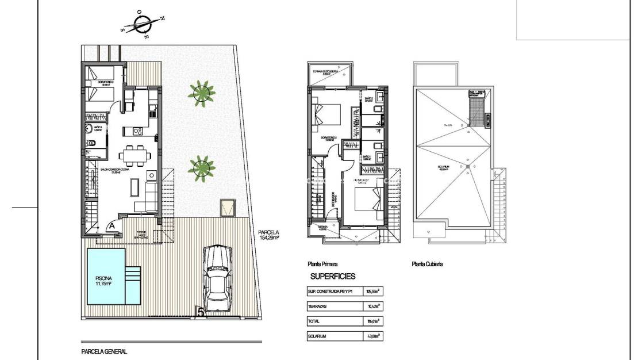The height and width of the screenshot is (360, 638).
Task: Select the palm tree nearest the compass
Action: pyautogui.click(x=201, y=92)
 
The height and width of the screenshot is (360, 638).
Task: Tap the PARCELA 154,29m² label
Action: pyautogui.click(x=268, y=235)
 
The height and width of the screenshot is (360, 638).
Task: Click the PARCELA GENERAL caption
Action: pyautogui.click(x=104, y=351)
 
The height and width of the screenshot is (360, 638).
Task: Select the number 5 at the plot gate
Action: pyautogui.click(x=201, y=312)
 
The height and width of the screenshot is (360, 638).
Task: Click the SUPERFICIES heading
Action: pyautogui.click(x=333, y=277)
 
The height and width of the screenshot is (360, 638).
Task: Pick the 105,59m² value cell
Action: pyautogui.click(x=372, y=292)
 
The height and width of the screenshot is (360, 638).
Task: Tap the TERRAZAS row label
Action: pyautogui.click(x=318, y=307)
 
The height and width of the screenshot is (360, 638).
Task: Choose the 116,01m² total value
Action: pyautogui.click(x=372, y=321)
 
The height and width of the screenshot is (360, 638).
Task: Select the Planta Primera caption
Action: pyautogui.click(x=322, y=265)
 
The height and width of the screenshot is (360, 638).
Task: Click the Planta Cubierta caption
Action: pyautogui.click(x=427, y=265)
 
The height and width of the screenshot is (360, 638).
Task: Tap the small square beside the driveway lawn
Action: pyautogui.click(x=228, y=207)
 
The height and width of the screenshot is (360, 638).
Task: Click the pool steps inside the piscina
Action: pyautogui.click(x=133, y=280)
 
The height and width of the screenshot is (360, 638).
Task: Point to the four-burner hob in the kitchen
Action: pyautogui.click(x=138, y=132)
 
